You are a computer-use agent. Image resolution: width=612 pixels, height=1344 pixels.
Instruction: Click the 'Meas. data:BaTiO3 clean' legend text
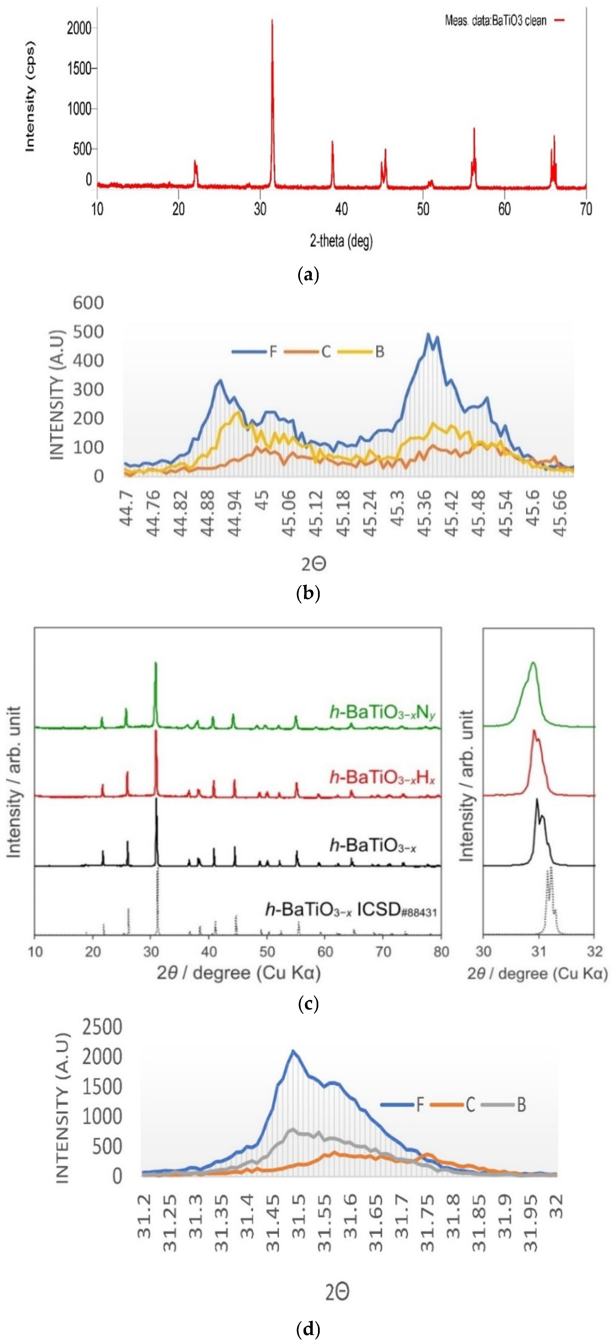pos(495,21)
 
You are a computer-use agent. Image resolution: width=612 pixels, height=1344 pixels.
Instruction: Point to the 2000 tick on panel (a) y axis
pos(79,28)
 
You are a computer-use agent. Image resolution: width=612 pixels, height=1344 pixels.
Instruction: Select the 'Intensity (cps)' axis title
pos(30,98)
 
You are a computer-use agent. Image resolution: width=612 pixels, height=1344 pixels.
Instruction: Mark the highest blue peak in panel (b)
pos(428,334)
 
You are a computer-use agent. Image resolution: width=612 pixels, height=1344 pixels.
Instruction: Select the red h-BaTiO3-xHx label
pos(382,777)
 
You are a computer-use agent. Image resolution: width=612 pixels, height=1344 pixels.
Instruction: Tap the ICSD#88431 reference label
pos(351,910)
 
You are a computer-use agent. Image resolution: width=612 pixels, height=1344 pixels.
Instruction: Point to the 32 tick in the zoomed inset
pos(594,952)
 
